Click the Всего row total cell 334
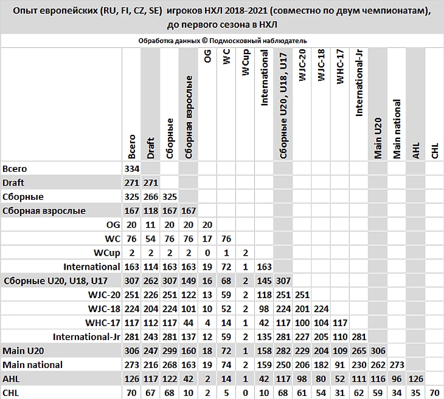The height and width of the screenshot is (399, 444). click(131, 169)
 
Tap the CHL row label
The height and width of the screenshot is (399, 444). click(11, 393)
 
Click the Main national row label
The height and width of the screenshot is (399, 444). click(32, 365)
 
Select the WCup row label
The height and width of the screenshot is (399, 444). click(106, 253)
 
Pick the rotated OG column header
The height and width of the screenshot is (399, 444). click(207, 61)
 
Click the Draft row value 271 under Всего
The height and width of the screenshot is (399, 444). click(131, 183)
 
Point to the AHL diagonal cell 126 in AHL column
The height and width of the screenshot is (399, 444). click(415, 379)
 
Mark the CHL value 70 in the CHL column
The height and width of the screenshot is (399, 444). click(434, 393)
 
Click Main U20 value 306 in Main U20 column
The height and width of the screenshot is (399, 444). click(377, 351)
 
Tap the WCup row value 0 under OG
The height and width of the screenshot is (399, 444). click(207, 253)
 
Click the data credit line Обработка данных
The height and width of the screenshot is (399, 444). click(222, 40)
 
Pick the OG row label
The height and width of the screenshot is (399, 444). click(113, 225)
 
